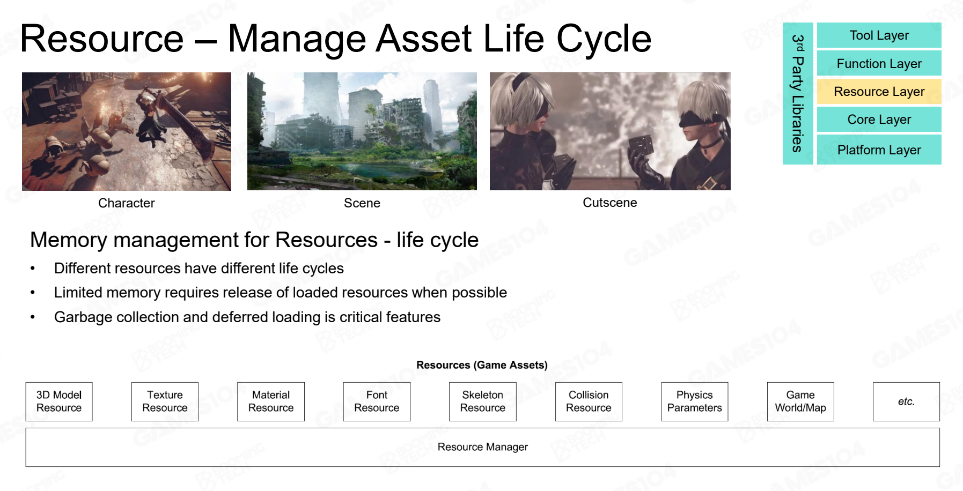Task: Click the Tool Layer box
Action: (879, 35)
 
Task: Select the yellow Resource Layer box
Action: (879, 92)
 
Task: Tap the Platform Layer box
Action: (879, 150)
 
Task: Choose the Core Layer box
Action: (879, 120)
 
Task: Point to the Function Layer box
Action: (879, 63)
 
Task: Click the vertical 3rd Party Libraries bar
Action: (798, 93)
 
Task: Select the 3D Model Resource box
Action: (59, 401)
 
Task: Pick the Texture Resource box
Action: (165, 401)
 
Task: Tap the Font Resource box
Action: (377, 401)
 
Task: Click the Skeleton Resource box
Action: (483, 401)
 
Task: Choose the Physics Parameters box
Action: (695, 401)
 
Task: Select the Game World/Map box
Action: (800, 401)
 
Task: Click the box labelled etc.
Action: (906, 401)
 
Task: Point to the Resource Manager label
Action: (483, 447)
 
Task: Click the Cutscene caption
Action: (610, 203)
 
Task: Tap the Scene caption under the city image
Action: (362, 203)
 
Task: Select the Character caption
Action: (127, 203)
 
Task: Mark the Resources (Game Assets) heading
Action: (482, 365)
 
